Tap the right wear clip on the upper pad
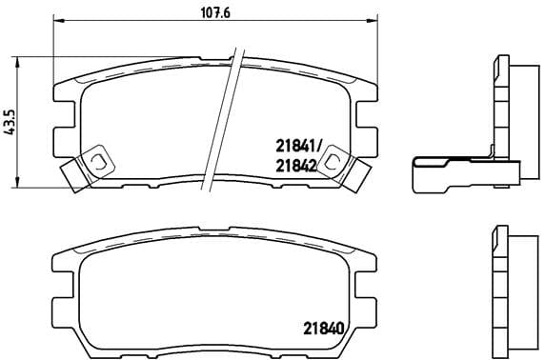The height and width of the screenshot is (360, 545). (334, 164)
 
